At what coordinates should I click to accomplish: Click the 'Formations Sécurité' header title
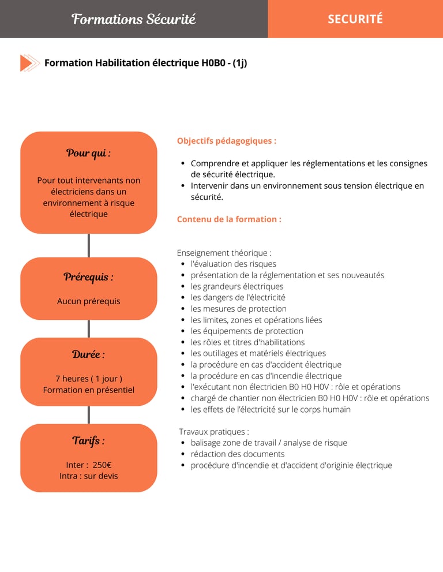point(134,19)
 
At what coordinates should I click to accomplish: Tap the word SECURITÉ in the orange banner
point(355,19)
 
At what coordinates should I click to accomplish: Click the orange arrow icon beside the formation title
point(29,63)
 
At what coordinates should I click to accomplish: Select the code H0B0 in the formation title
point(213,63)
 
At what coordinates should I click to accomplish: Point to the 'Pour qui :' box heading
point(88,153)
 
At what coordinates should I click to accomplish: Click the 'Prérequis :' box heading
point(88,277)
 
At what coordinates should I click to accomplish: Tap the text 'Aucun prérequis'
point(88,301)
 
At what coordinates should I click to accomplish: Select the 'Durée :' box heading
point(88,354)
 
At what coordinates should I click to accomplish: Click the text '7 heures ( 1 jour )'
point(88,379)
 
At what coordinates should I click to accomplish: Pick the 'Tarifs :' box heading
point(88,441)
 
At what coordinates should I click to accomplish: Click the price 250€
point(102,465)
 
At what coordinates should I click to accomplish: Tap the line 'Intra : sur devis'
point(88,476)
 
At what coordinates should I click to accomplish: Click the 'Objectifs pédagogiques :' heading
point(226,141)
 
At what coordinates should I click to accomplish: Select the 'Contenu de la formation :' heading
point(229,219)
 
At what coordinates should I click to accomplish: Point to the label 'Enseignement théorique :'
point(224,253)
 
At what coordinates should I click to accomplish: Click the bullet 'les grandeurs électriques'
point(237,286)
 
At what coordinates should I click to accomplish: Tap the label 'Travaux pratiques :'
point(214,432)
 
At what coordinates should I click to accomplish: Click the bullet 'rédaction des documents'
point(238,454)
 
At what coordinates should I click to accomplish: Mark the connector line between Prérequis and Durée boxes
point(88,328)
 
